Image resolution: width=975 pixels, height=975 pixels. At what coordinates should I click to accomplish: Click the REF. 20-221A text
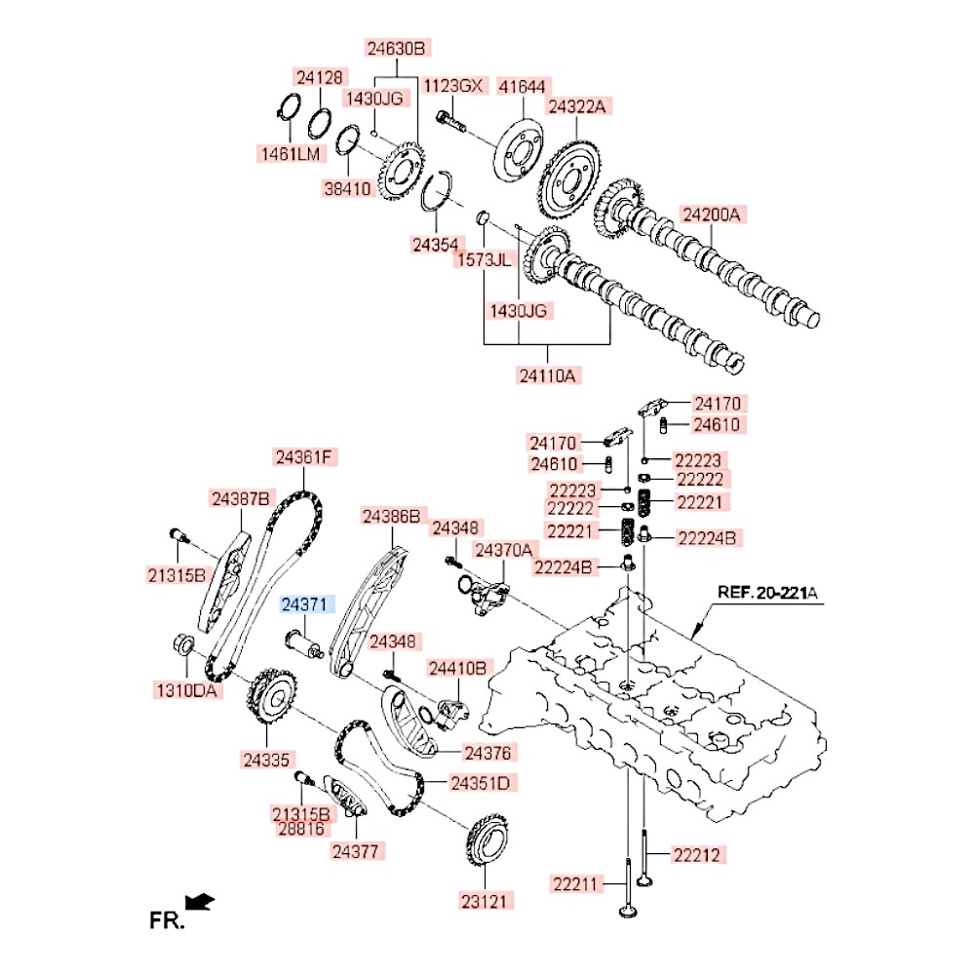point(768,591)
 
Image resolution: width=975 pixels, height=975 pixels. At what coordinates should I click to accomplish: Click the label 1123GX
point(453,86)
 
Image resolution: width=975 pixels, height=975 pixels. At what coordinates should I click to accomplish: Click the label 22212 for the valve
point(695,855)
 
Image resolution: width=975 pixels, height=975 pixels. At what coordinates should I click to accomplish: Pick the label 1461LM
point(289,153)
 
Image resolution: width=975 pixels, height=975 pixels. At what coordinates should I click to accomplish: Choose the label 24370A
point(503,551)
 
